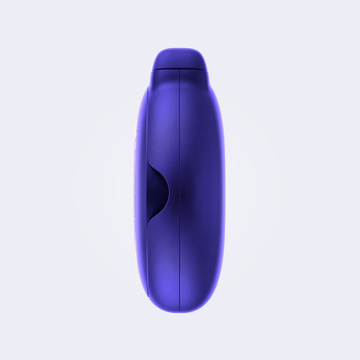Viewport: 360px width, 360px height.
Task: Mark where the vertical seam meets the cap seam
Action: pyautogui.click(x=179, y=70)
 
